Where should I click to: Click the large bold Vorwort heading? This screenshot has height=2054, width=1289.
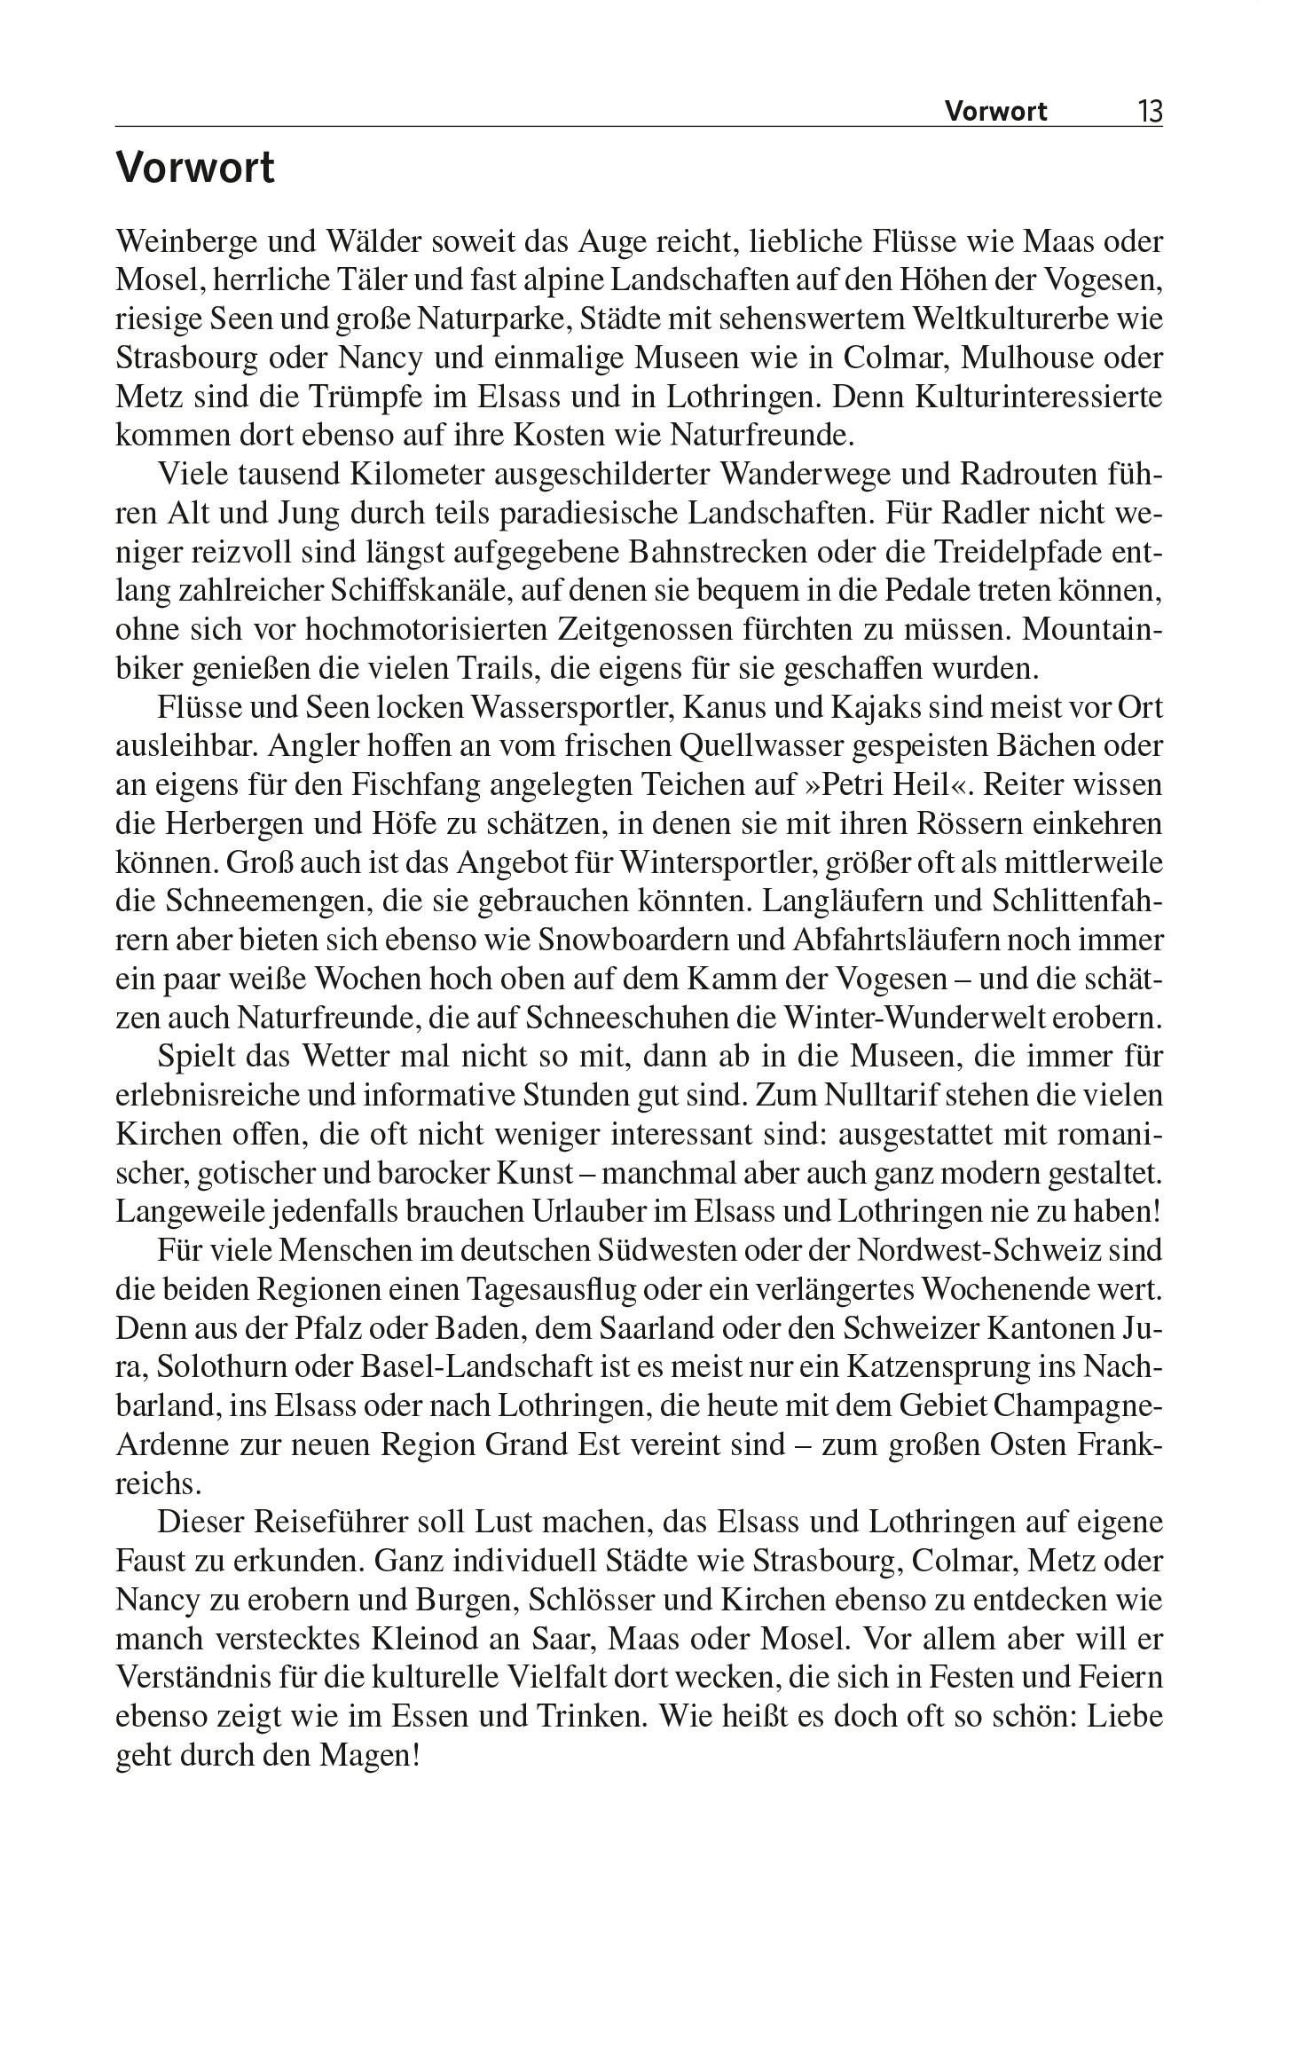(195, 168)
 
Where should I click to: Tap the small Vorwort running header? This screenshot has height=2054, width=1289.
(995, 112)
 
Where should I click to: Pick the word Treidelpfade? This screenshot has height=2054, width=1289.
(1017, 552)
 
